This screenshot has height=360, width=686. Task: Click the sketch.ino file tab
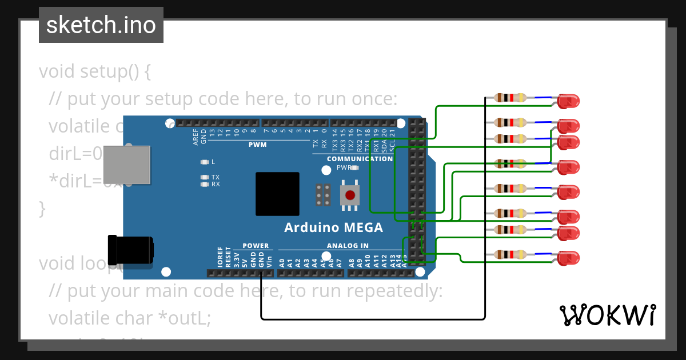(101, 25)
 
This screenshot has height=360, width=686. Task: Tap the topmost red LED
(568, 101)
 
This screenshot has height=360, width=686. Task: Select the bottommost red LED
(568, 258)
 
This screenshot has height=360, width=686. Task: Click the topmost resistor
(510, 98)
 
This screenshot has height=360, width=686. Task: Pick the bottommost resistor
(510, 254)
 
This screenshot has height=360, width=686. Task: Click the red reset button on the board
(349, 195)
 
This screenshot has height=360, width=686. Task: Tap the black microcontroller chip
(277, 194)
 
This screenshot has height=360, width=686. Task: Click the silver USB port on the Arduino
(126, 165)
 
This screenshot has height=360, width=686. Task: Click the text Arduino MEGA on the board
(334, 227)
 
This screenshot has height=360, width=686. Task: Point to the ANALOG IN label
(348, 246)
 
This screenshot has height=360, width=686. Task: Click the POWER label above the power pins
(256, 246)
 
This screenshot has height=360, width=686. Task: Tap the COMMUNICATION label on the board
(360, 159)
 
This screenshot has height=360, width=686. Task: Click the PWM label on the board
(257, 145)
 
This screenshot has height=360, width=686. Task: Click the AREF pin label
(196, 137)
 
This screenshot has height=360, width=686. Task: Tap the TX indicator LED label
(216, 177)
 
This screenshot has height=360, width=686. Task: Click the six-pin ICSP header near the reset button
(324, 195)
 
